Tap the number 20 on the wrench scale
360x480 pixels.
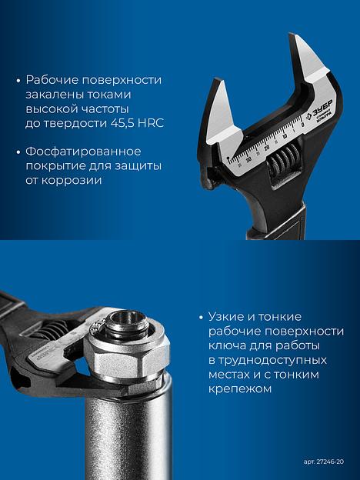pos(267,148)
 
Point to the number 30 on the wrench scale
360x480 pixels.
pos(248,158)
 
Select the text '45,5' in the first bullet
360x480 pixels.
pos(120,123)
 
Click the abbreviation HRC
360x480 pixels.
pos(151,123)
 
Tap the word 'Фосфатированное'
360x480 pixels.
pos(83,152)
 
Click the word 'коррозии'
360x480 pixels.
pos(72,180)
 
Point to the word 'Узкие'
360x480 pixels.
pos(226,316)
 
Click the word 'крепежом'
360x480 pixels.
pos(240,388)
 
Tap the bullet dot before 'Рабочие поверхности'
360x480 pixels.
pos(18,81)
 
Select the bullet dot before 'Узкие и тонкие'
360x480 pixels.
pos(201,318)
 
